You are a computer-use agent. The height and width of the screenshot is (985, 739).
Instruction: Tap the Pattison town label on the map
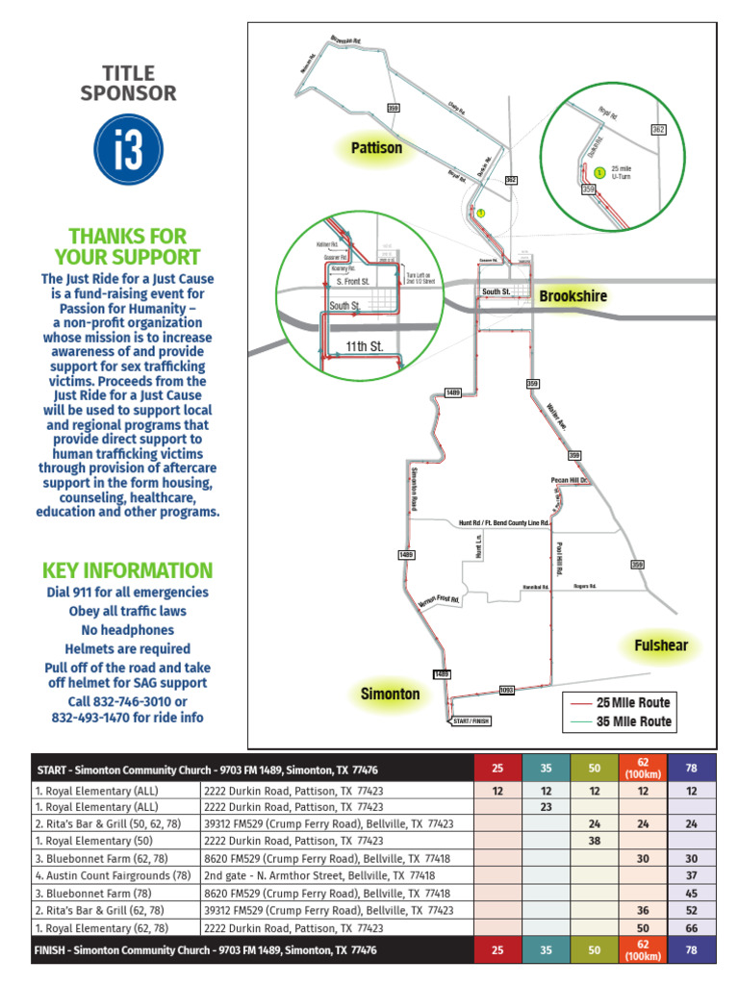click(x=376, y=148)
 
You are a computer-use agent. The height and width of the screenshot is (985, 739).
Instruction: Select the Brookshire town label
click(x=573, y=295)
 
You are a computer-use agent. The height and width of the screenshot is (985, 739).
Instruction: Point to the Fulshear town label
click(x=661, y=644)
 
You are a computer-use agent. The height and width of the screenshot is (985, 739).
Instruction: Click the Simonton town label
click(x=390, y=694)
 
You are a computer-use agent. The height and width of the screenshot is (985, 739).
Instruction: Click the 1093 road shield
click(x=508, y=690)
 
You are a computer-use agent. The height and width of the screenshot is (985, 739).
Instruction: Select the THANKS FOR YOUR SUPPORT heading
click(x=127, y=246)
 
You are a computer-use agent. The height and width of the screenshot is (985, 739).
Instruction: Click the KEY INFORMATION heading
click(x=127, y=569)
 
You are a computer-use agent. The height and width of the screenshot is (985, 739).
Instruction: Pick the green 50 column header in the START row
click(x=594, y=769)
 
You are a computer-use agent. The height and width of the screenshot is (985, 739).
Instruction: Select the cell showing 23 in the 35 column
click(x=546, y=807)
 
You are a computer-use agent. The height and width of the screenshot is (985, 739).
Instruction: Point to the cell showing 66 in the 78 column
click(x=690, y=928)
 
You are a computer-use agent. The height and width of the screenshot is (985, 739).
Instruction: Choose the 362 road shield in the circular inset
click(x=658, y=129)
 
